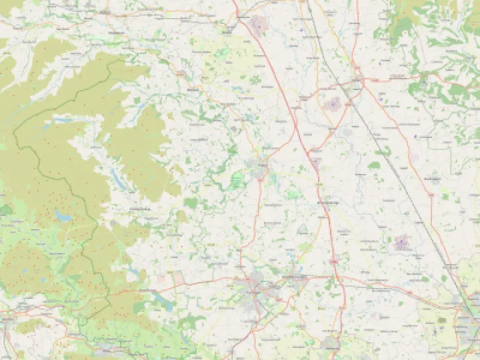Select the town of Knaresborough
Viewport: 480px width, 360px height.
pos(294,276)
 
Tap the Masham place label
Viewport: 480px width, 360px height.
pos(193,89)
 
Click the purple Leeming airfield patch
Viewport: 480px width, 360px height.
pos(257,25)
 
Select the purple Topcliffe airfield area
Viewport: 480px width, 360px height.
pos(333,103)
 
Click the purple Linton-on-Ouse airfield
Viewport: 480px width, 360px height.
pos(402,242)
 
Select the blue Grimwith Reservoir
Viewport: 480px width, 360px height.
pos(63,215)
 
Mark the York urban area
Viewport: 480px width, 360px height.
pos(467,313)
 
